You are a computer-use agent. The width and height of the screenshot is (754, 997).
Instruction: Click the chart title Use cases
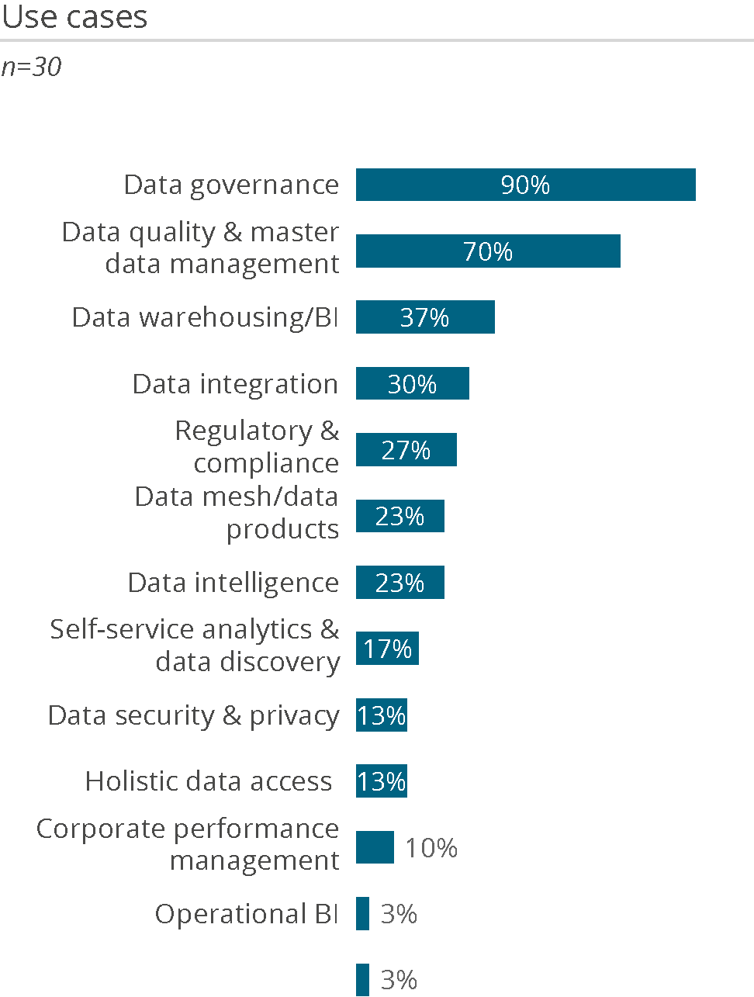coord(74,17)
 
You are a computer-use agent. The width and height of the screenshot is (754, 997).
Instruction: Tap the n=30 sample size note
coord(31,68)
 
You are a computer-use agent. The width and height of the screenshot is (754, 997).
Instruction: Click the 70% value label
coord(488,251)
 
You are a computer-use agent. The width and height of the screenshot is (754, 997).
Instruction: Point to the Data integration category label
coord(235,384)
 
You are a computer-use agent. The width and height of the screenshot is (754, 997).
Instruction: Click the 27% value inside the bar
coord(406,450)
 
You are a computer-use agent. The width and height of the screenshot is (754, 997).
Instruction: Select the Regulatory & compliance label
coord(257,446)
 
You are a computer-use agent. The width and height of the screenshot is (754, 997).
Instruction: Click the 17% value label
coord(388,649)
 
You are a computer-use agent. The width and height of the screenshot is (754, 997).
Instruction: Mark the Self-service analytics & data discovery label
coord(195,645)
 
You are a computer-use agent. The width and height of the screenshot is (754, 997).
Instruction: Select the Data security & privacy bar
coord(382,715)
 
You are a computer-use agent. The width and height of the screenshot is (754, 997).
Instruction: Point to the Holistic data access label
coord(209,781)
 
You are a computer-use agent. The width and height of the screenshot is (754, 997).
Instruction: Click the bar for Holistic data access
coord(382,781)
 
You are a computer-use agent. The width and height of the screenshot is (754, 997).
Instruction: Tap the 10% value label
coord(431,848)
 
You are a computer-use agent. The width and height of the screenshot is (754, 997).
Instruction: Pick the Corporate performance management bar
coord(375,847)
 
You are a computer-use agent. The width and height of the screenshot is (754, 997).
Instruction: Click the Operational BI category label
coord(247,914)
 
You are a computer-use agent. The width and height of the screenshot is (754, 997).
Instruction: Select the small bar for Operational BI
coord(363,914)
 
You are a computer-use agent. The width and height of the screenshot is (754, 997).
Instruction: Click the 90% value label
coord(525,185)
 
